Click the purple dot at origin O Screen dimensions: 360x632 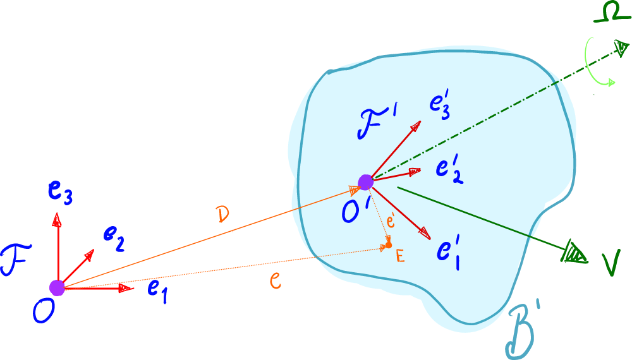coord(57,288)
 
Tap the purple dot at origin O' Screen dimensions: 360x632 coord(365,182)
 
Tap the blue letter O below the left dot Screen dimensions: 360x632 coord(43,311)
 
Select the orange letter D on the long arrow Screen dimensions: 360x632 coord(221,215)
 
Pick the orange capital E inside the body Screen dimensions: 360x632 coord(399,256)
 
